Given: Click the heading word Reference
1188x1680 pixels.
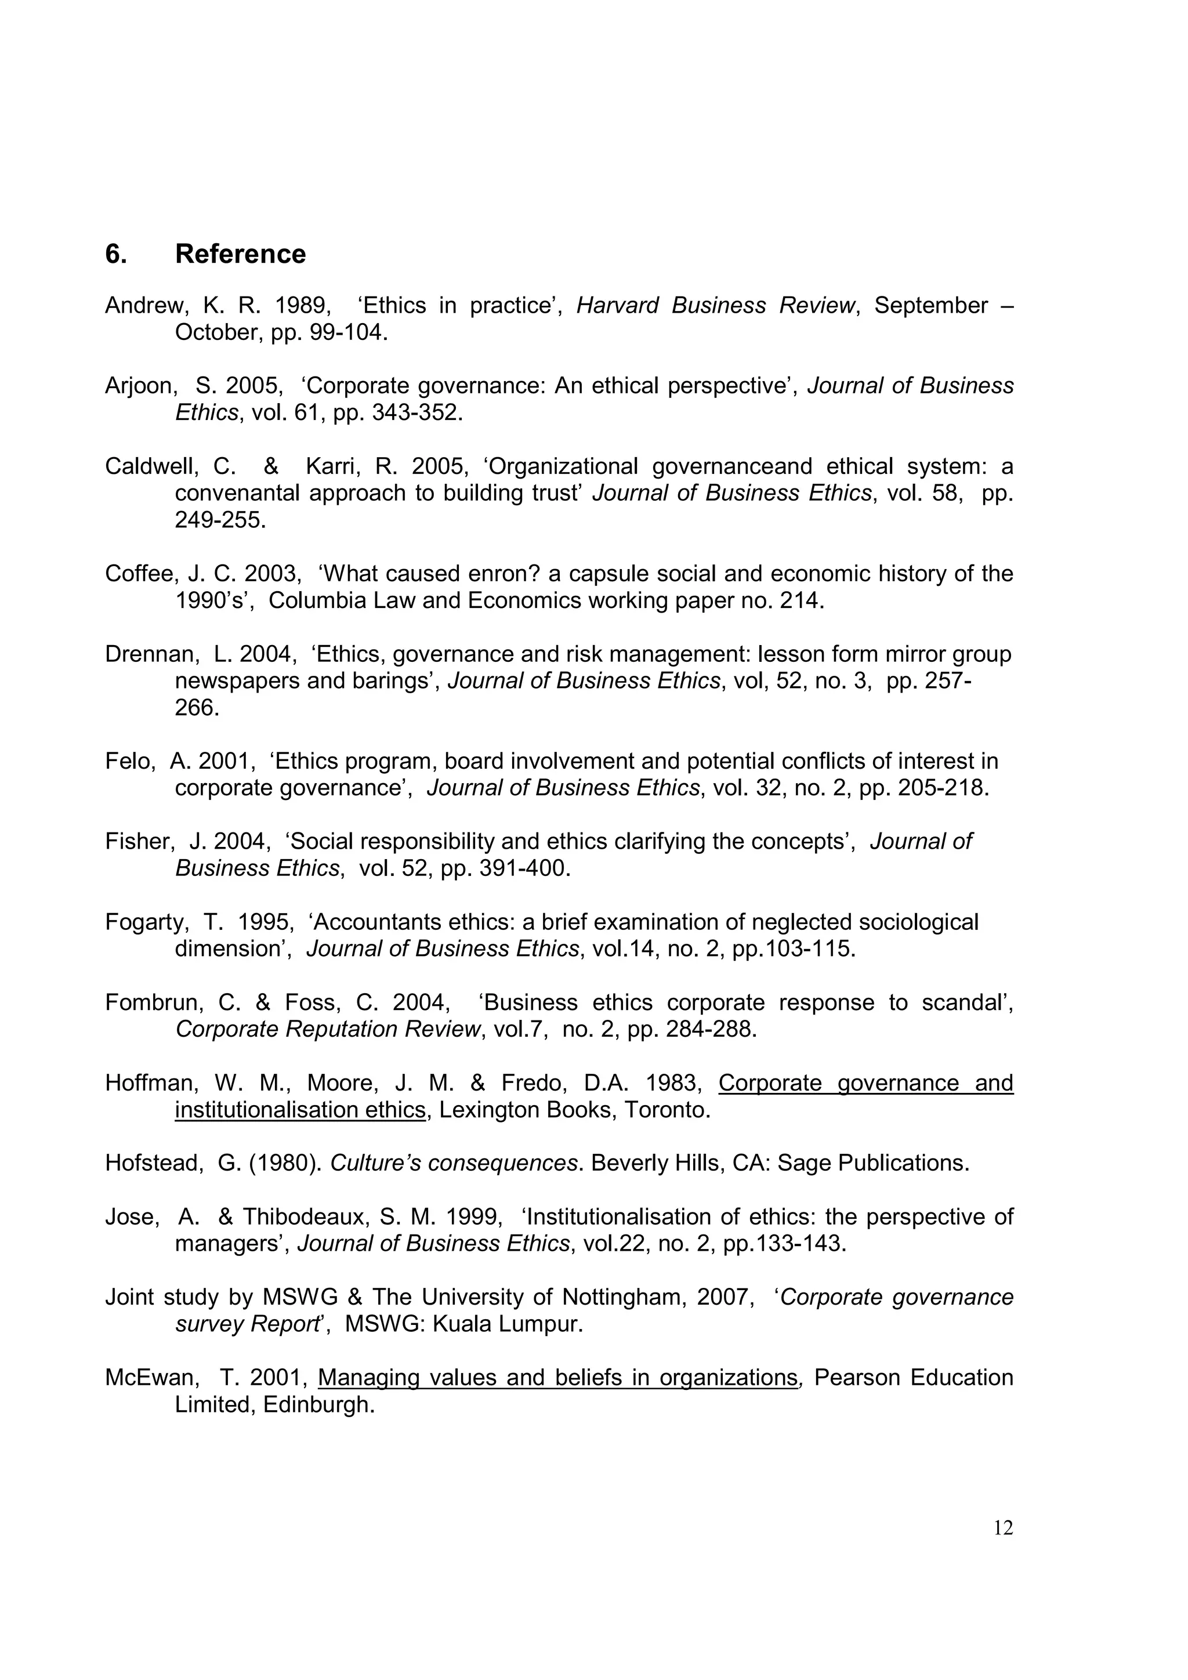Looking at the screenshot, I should tap(240, 254).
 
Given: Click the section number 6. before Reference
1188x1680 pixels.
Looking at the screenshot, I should tap(115, 254).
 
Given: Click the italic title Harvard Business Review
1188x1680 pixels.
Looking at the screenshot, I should tap(715, 305).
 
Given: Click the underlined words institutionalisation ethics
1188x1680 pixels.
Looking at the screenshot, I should tap(300, 1110).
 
